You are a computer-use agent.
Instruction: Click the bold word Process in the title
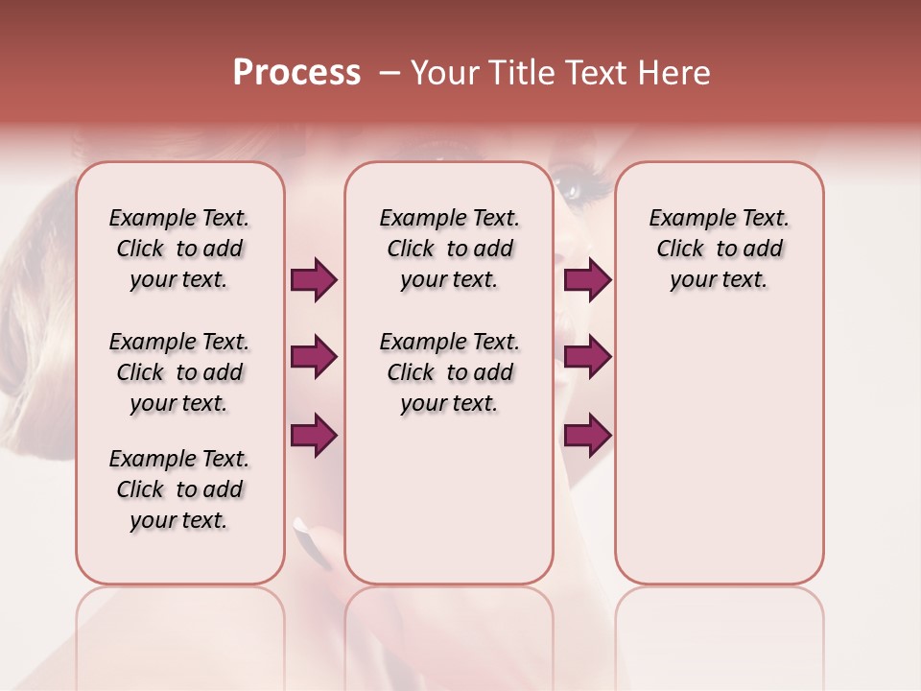pos(296,73)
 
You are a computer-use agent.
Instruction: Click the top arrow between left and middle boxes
pos(314,280)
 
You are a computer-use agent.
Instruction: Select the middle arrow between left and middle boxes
pos(314,358)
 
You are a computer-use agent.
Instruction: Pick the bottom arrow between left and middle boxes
pos(314,436)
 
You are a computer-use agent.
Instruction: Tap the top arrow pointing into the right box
pos(587,280)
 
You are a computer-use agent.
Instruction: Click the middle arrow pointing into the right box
pos(587,358)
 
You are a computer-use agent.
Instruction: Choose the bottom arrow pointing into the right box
pos(587,436)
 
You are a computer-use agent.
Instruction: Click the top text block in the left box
pos(179,249)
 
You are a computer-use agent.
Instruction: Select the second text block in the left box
pos(179,372)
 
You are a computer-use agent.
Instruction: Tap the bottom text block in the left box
pos(179,489)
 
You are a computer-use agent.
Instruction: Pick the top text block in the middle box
pos(449,249)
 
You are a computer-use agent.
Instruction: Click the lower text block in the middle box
pos(449,372)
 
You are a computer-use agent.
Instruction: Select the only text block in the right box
pos(719,249)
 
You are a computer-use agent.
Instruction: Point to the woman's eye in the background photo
pos(576,182)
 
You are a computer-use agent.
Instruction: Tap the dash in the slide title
pos(390,74)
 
